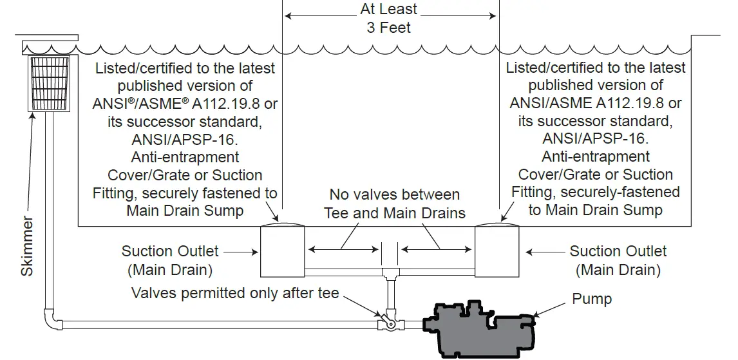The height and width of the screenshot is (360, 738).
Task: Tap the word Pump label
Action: pyautogui.click(x=592, y=299)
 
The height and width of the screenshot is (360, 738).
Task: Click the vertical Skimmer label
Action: pyautogui.click(x=27, y=247)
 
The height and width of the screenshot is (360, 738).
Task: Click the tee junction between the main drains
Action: pyautogui.click(x=389, y=270)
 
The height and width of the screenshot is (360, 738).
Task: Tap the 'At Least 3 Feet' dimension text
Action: pyautogui.click(x=388, y=18)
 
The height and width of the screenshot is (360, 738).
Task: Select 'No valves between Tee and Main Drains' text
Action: pyautogui.click(x=394, y=204)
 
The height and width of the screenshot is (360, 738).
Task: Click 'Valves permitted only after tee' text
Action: pyautogui.click(x=235, y=293)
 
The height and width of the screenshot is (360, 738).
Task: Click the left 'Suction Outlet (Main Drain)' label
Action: pyautogui.click(x=170, y=260)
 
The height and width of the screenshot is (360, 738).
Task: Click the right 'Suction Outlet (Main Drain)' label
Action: pyautogui.click(x=618, y=260)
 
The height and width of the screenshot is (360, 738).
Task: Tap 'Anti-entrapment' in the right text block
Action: pyautogui.click(x=596, y=156)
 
